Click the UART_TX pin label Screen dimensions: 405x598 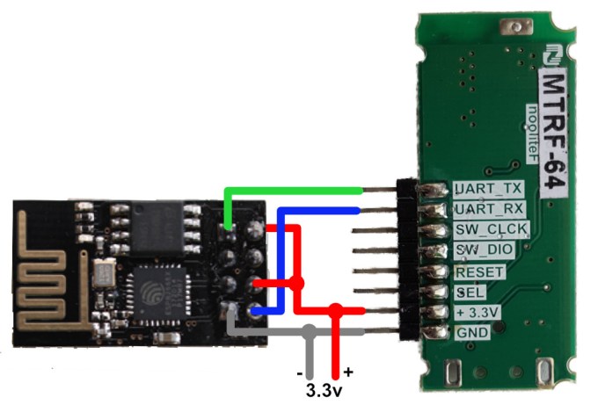click(489, 189)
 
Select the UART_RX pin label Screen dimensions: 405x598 click(489, 210)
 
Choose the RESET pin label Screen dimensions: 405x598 click(480, 271)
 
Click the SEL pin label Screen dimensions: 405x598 click(467, 292)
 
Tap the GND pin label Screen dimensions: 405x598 click(466, 333)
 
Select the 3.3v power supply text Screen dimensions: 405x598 click(323, 388)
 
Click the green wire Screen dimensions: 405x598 click(290, 190)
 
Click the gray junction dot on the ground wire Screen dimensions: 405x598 click(309, 333)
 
